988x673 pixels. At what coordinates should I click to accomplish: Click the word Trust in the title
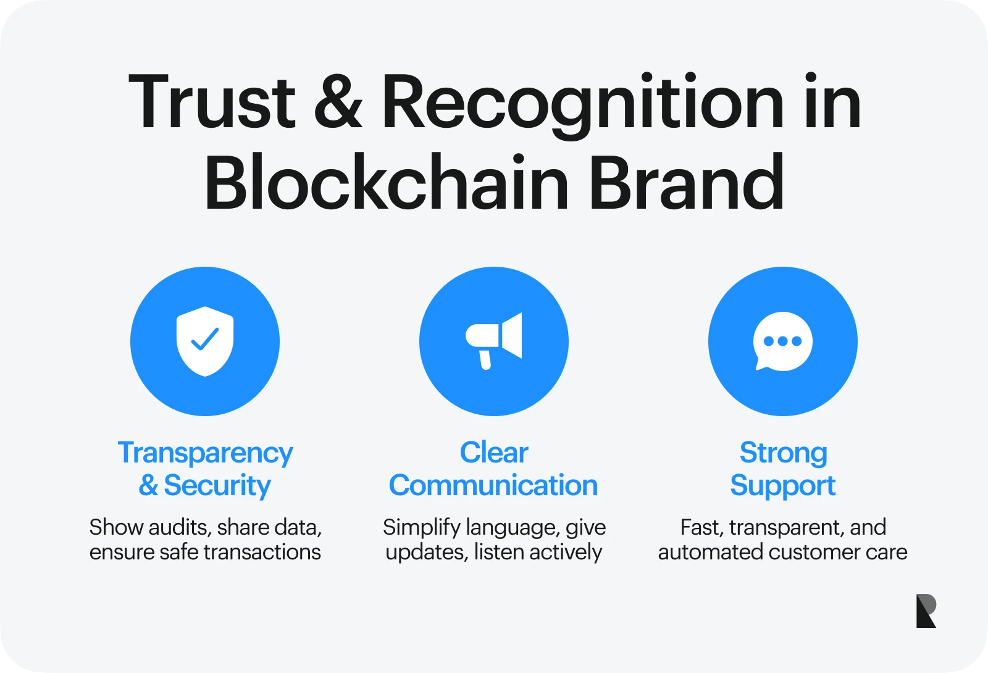(212, 102)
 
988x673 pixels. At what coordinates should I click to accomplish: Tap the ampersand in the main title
(338, 102)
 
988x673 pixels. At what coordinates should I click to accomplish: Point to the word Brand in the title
(687, 181)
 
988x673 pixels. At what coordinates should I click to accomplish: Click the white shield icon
(205, 341)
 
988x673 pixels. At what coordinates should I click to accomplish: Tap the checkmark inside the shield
(204, 339)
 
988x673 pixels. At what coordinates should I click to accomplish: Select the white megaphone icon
(493, 341)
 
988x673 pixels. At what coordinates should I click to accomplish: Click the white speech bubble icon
(782, 341)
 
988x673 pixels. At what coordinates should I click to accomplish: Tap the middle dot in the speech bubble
(782, 341)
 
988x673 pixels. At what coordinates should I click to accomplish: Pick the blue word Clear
(494, 453)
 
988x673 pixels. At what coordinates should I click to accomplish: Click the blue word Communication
(493, 485)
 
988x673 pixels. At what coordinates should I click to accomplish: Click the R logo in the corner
(926, 611)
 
